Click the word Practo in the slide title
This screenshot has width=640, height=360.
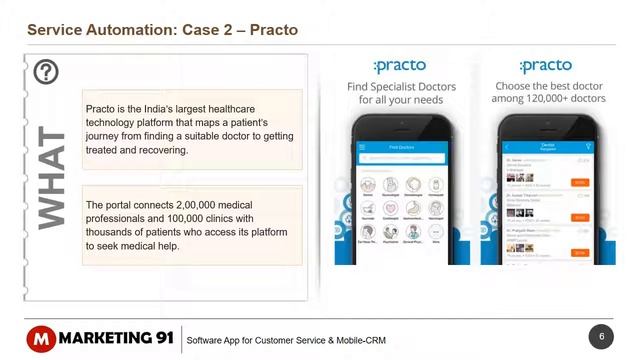click(271, 30)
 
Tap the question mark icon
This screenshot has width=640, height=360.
click(46, 72)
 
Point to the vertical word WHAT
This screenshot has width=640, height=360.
click(50, 178)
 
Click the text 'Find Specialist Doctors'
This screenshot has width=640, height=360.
click(401, 87)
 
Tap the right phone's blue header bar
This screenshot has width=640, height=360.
click(546, 147)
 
